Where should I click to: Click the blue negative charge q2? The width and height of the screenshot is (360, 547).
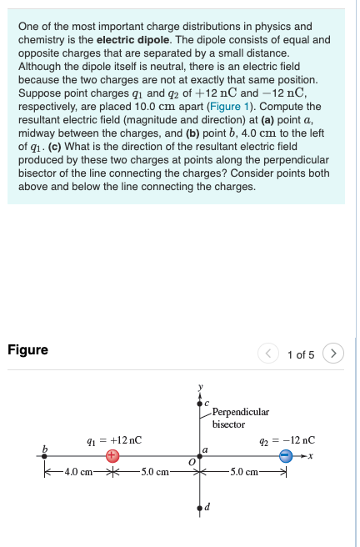pyautogui.click(x=286, y=455)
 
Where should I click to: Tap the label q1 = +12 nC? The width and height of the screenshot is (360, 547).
pyautogui.click(x=114, y=439)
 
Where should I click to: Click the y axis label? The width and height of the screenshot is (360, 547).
pyautogui.click(x=200, y=387)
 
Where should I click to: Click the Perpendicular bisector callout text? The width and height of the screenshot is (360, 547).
pyautogui.click(x=240, y=418)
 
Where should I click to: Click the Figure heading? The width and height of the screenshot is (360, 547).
pyautogui.click(x=27, y=350)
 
